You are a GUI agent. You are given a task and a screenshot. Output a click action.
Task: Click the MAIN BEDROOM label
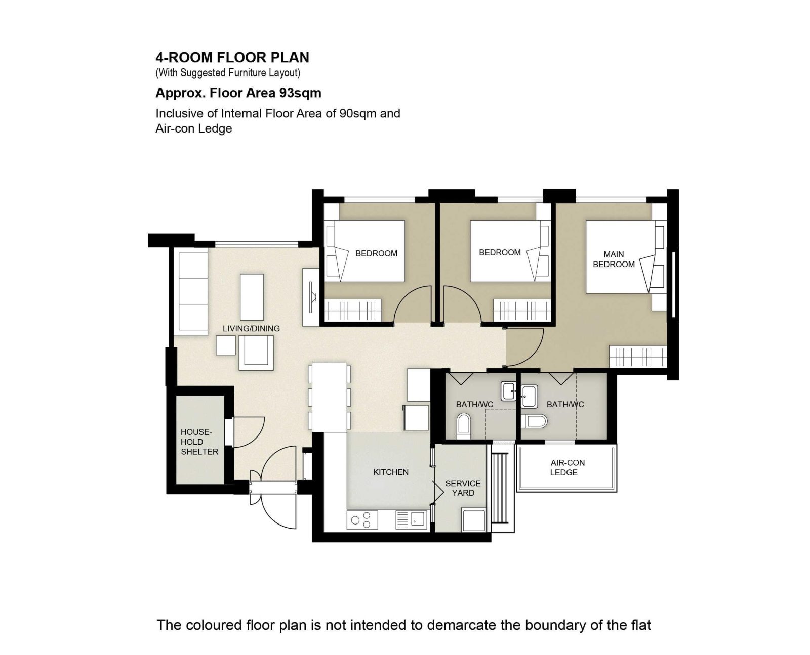pos(614,259)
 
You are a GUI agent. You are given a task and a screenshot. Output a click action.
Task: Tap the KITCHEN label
pos(390,472)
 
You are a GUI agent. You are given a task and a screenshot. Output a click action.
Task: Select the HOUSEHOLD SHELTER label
pos(199,442)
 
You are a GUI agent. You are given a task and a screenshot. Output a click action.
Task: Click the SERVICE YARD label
pos(463,488)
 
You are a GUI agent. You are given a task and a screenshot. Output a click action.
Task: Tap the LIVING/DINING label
pos(251,329)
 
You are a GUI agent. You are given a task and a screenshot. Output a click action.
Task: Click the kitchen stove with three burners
pos(362,520)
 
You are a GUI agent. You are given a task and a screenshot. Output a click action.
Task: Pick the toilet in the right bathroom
pos(534,421)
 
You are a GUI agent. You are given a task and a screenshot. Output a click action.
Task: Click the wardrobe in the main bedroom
pos(638,357)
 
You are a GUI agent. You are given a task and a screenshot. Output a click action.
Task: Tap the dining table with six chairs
pos(330,398)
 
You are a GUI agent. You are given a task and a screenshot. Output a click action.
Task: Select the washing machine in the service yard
pos(474,520)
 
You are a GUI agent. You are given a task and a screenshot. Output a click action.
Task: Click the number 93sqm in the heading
pos(300,93)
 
